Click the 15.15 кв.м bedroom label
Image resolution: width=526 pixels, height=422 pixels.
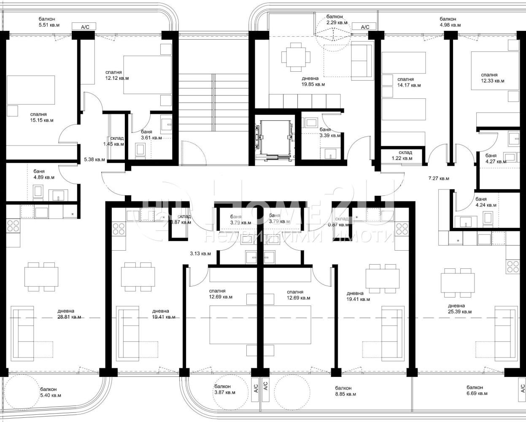pyautogui.click(x=41, y=117)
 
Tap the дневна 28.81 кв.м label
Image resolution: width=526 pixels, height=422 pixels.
pyautogui.click(x=69, y=314)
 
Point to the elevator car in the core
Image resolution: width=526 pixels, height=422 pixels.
pyautogui.click(x=275, y=137)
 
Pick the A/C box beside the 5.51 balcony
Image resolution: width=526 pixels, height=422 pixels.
pyautogui.click(x=85, y=27)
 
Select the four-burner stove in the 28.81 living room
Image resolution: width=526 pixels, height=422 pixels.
pyautogui.click(x=13, y=225)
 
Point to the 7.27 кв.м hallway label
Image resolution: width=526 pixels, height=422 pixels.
pyautogui.click(x=439, y=179)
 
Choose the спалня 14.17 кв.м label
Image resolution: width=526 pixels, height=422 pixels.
pyautogui.click(x=409, y=82)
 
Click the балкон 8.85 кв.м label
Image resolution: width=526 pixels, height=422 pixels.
pyautogui.click(x=345, y=391)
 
